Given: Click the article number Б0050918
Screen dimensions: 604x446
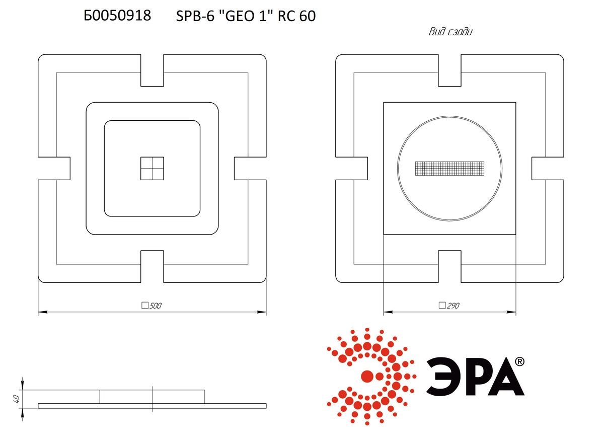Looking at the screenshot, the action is (117, 16).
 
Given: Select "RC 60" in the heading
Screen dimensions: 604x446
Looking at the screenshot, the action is (296, 16).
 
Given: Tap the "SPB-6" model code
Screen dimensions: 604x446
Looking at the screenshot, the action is (195, 16).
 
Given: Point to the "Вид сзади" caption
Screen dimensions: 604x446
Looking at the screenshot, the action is (450, 32).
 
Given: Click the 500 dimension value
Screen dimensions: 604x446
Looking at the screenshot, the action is (155, 306).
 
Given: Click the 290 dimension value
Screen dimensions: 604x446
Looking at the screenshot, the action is (453, 306).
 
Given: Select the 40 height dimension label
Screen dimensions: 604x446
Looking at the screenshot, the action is (16, 399).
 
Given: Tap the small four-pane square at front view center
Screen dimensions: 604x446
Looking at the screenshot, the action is (152, 168).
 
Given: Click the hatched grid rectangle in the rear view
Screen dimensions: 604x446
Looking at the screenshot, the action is (449, 168).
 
